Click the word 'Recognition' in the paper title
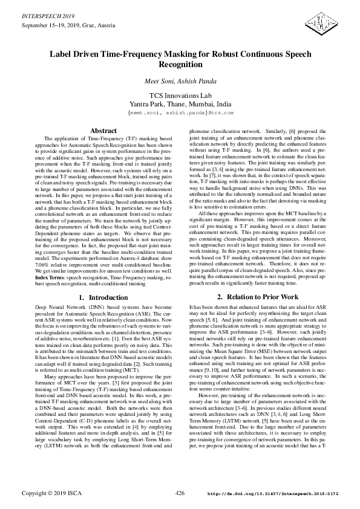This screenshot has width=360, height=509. click(180, 64)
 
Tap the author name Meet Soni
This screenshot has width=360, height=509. click(160, 81)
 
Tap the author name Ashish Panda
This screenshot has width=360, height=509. click(197, 81)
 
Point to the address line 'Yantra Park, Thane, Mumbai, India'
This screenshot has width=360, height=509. click(180, 105)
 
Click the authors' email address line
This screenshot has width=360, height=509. click(180, 113)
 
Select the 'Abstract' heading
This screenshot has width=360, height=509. click(103, 131)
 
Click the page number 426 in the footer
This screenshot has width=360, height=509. click(180, 493)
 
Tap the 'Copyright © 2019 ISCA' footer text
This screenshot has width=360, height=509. click(51, 494)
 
